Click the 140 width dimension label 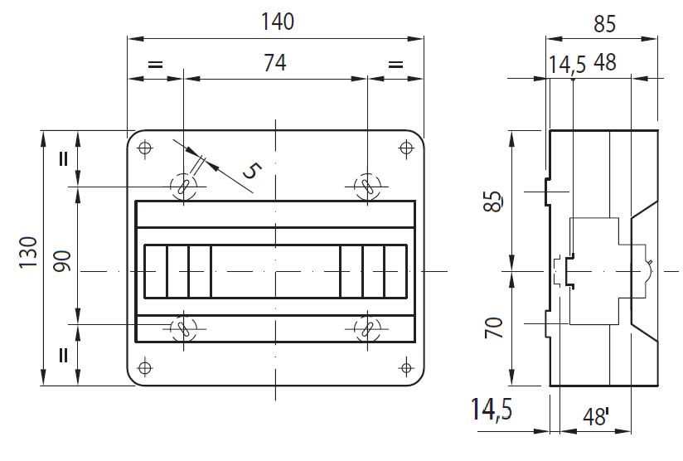pos(278,22)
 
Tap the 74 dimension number pos(275,63)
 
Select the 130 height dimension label pos(29,253)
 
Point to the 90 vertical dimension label pos(62,261)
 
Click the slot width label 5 pos(252,170)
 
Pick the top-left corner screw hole pos(145,148)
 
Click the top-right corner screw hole pos(406,148)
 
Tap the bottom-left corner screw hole pos(145,368)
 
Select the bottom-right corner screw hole pos(406,368)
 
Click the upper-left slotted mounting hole pos(183,187)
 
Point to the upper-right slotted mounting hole pos(368,187)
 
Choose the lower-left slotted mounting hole pos(183,328)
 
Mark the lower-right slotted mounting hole pos(368,328)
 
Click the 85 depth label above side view pos(604,24)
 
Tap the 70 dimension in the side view pos(494,328)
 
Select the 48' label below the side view pos(596,417)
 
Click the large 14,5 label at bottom pos(492,410)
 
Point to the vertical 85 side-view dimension pos(493,201)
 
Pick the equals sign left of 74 pos(156,65)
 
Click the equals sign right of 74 pos(395,65)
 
